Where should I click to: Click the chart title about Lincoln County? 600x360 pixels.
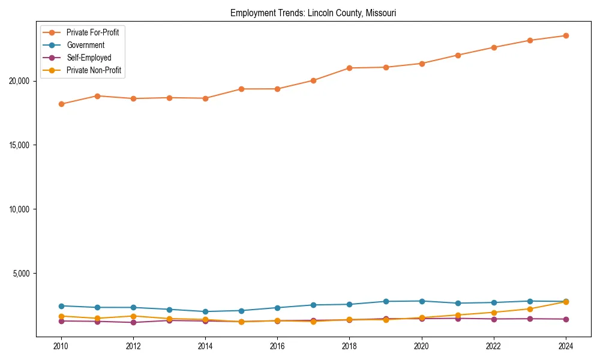click(x=313, y=13)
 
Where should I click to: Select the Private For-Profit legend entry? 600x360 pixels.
click(x=92, y=32)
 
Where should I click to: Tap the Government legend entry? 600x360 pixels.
click(x=85, y=45)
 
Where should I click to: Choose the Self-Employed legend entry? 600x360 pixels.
click(x=89, y=58)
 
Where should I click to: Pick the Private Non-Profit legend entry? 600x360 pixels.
click(x=94, y=70)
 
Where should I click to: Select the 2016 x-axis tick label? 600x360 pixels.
click(x=277, y=346)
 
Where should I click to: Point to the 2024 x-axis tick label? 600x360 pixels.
click(x=566, y=346)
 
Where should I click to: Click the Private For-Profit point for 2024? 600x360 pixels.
click(x=566, y=35)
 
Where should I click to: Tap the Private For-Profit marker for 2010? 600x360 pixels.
click(x=61, y=104)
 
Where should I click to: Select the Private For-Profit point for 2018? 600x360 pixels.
click(x=349, y=68)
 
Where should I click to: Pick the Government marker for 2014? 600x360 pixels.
click(x=205, y=311)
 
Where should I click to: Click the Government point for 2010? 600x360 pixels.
click(x=61, y=306)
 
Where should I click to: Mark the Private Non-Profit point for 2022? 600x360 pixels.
click(x=494, y=313)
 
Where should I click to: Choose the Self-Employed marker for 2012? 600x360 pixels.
click(x=133, y=322)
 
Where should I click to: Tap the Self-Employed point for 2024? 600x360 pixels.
click(x=566, y=319)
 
